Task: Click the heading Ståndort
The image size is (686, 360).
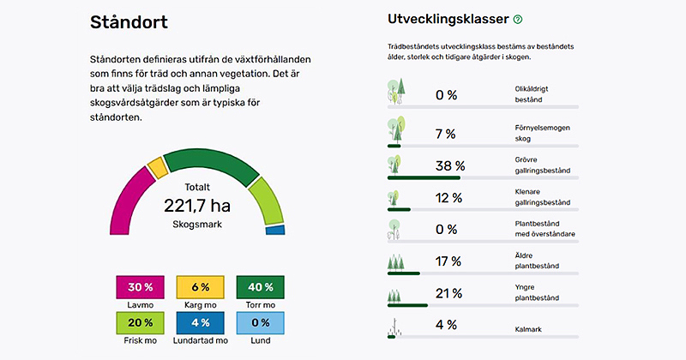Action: tap(129, 23)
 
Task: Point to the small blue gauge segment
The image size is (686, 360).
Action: tap(275, 230)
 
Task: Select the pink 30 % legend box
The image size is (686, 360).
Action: tap(141, 287)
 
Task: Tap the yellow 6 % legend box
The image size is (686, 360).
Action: tap(200, 287)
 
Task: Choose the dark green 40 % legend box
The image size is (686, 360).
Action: tap(260, 287)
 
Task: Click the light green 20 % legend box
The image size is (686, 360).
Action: tap(141, 323)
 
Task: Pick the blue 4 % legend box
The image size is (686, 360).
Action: tap(200, 323)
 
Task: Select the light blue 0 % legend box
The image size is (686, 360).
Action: tap(260, 323)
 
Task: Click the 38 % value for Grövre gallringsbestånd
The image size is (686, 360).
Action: tap(451, 165)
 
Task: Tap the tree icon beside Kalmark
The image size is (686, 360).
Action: tap(395, 326)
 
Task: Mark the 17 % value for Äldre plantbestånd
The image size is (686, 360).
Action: tap(448, 261)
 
